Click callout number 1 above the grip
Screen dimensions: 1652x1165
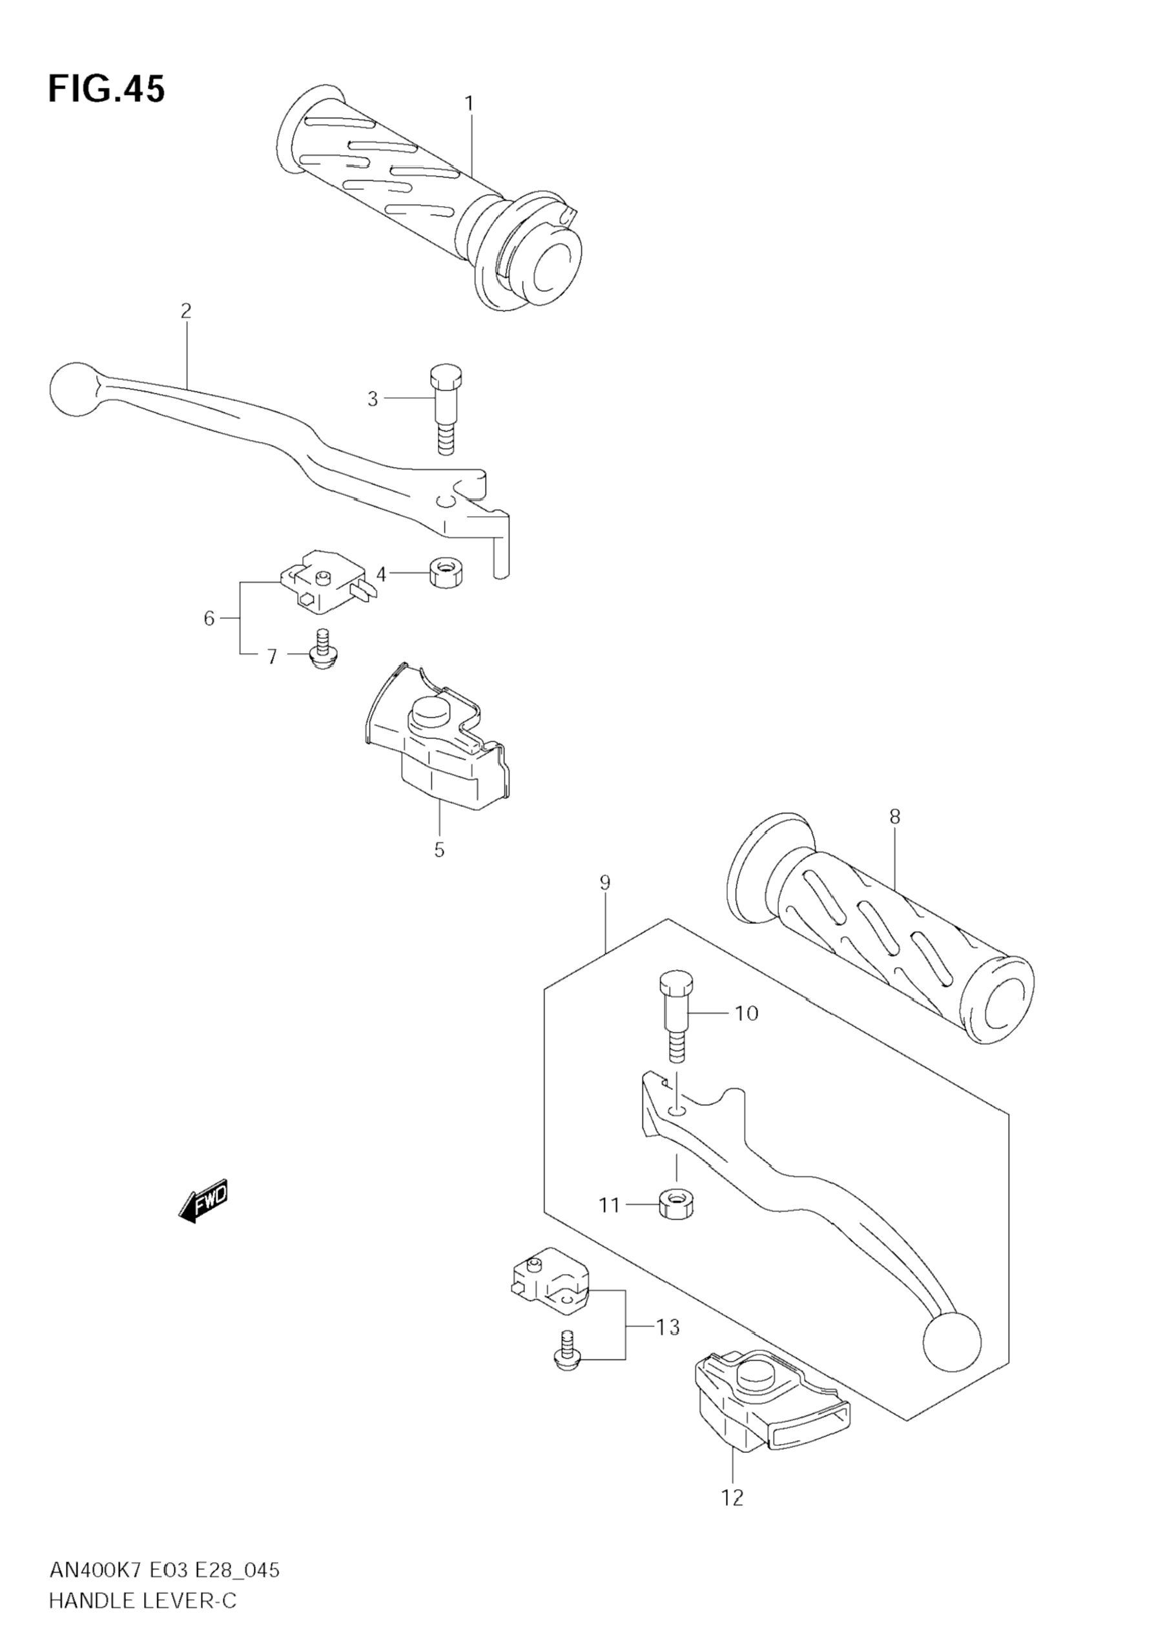pyautogui.click(x=469, y=104)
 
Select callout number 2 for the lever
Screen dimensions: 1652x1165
pyautogui.click(x=186, y=311)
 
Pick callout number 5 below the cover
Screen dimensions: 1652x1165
pyautogui.click(x=439, y=850)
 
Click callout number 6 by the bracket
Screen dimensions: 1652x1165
pyautogui.click(x=209, y=618)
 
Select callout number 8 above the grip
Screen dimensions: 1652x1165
pyautogui.click(x=894, y=817)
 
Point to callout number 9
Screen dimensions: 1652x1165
pyautogui.click(x=605, y=882)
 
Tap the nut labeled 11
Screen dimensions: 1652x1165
pyautogui.click(x=676, y=1204)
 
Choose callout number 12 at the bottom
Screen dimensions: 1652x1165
pyautogui.click(x=732, y=1498)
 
